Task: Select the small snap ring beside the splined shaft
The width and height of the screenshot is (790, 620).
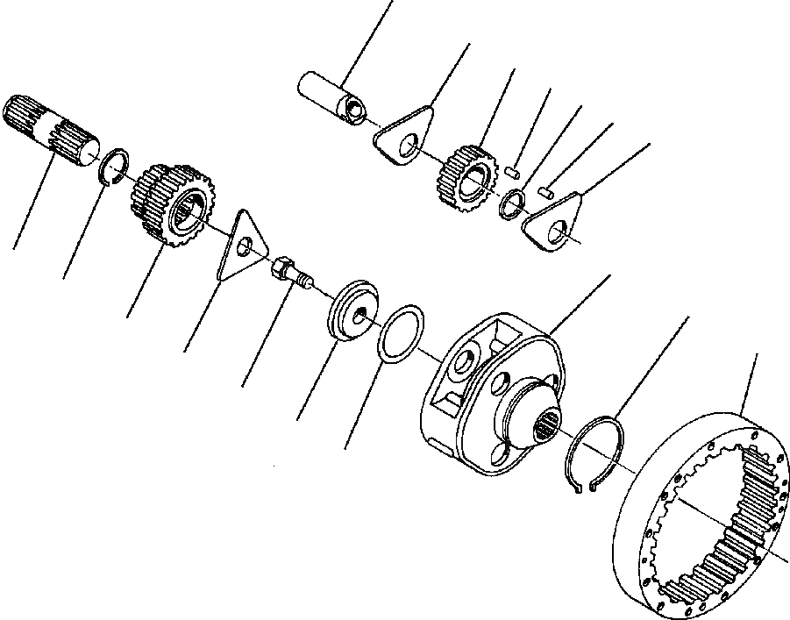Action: (113, 167)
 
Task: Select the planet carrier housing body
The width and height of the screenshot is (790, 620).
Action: (478, 386)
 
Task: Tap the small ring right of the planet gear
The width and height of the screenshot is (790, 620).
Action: (512, 203)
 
